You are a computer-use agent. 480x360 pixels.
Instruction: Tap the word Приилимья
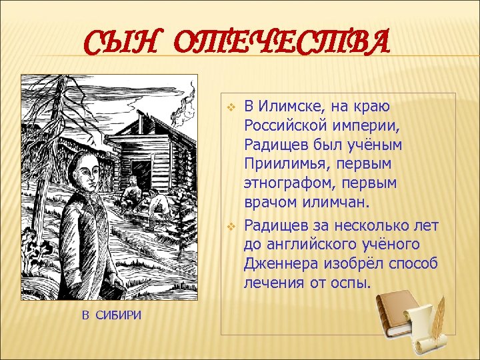coord(281,163)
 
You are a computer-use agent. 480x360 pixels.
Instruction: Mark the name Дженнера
coord(275,265)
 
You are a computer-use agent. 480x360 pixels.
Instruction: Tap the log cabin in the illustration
coord(157,143)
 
